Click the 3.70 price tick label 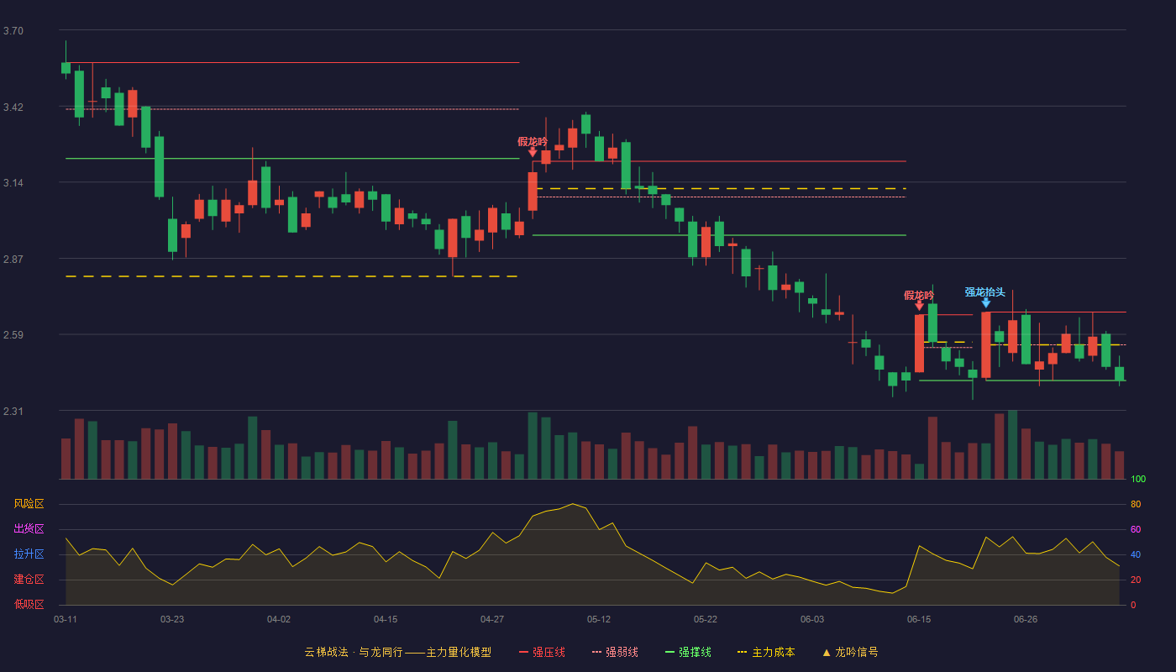point(13,31)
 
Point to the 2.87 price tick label point(13,260)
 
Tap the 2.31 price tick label point(13,412)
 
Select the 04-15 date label point(386,620)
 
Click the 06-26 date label point(1026,620)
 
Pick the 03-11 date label point(66,620)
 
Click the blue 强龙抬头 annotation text point(984,292)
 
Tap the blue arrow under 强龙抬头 point(986,303)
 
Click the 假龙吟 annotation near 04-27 point(533,142)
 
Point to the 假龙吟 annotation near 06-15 point(919,295)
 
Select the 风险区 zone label point(29,504)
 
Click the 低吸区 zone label point(29,605)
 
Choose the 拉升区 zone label point(29,554)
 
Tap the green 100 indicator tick point(1138,479)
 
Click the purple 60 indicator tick point(1136,529)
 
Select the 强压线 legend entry point(542,652)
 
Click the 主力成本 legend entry point(766,652)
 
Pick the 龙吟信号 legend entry point(850,652)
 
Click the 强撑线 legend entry point(688,652)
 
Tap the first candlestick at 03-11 point(66,68)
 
